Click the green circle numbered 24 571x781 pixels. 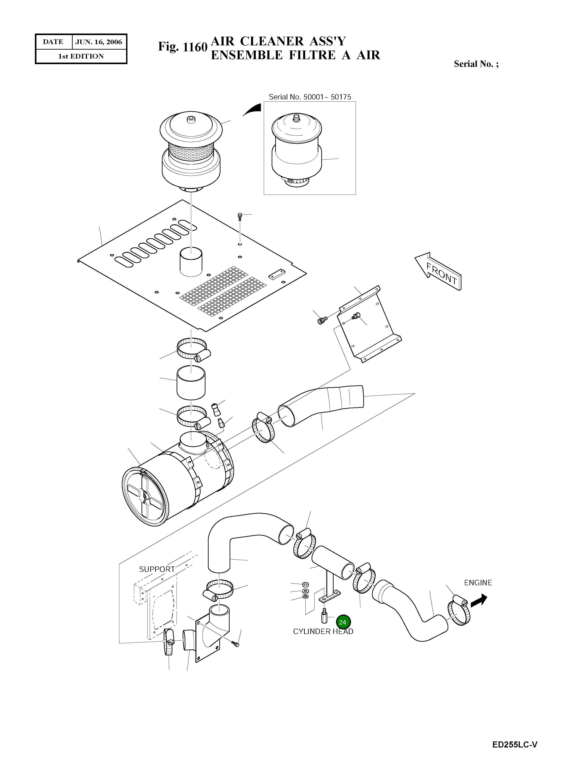click(x=343, y=622)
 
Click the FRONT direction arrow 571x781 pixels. click(x=438, y=272)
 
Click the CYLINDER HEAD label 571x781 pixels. click(x=323, y=632)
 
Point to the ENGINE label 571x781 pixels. click(x=478, y=583)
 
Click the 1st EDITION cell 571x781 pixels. click(x=81, y=56)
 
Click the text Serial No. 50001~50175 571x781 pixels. click(x=310, y=97)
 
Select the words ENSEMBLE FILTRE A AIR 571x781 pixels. click(x=295, y=55)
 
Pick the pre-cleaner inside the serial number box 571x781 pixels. click(x=296, y=150)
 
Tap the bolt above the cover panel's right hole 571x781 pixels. click(x=239, y=217)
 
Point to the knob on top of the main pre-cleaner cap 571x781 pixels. click(x=190, y=120)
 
